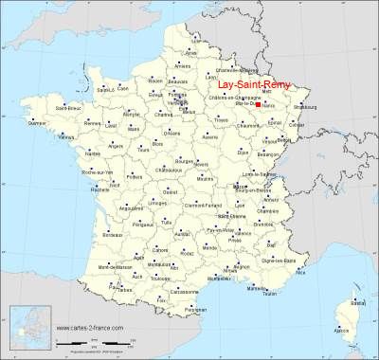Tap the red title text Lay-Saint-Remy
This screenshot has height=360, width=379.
point(251,82)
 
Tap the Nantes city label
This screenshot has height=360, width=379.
point(93,153)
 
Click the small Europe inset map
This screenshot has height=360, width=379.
point(27,327)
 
